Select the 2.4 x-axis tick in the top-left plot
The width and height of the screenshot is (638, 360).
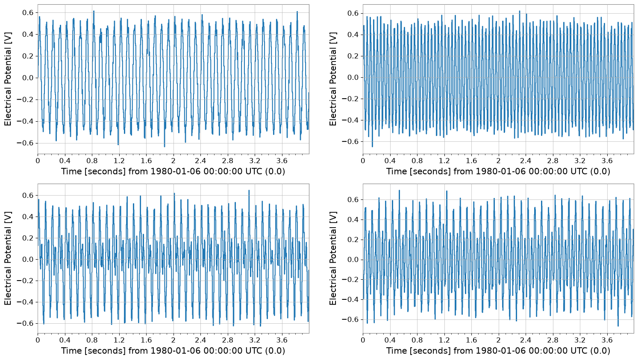[200, 161]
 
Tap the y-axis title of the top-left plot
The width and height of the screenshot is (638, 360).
[8, 79]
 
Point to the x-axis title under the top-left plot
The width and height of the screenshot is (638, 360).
[173, 171]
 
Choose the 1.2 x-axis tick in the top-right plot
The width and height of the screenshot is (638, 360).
[444, 161]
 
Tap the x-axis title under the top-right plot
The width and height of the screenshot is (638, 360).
[498, 171]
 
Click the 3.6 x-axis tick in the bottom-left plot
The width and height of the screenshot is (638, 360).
[282, 340]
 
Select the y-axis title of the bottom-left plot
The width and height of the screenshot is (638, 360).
[8, 259]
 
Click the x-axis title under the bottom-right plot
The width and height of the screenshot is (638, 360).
[498, 351]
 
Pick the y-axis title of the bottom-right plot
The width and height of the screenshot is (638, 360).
[332, 259]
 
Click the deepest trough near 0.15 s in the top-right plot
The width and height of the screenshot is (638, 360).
[372, 146]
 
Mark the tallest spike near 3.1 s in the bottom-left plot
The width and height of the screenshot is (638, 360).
[249, 190]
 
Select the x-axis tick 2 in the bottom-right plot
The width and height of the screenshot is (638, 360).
[498, 340]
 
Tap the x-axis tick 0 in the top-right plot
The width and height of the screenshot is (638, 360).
[363, 161]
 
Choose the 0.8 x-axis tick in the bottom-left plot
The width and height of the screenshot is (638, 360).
[92, 340]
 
